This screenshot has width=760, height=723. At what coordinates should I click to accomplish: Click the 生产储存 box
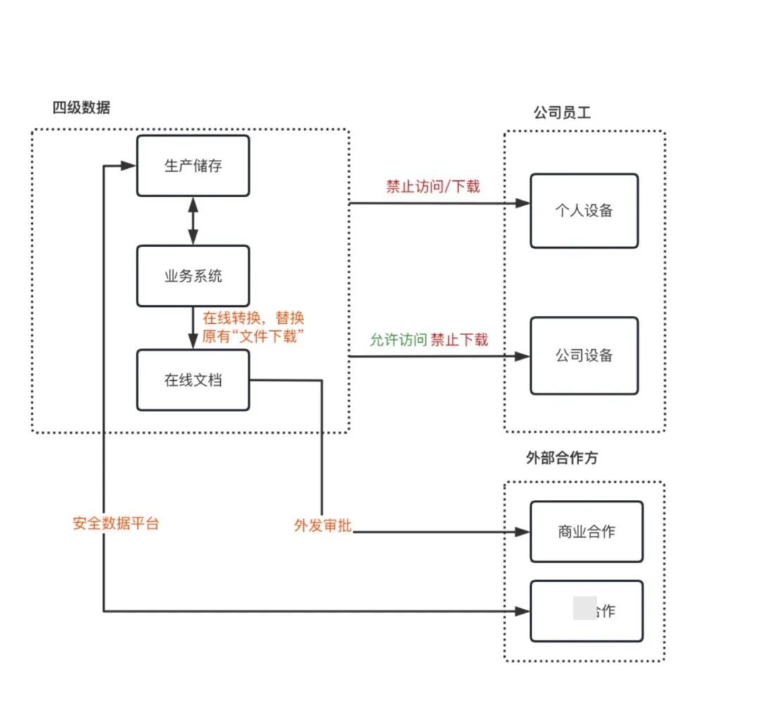click(x=193, y=166)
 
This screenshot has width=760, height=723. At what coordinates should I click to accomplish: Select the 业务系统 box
click(x=193, y=276)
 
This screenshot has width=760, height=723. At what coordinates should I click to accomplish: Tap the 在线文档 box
click(x=193, y=380)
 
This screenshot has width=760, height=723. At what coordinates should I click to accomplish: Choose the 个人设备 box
click(x=584, y=211)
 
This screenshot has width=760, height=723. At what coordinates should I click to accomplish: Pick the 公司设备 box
click(x=584, y=356)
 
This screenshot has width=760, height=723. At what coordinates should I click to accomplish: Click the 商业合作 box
click(x=586, y=532)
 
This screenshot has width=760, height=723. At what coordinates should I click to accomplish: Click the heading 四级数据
click(x=82, y=108)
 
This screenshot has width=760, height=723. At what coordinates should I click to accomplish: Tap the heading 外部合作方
click(x=562, y=458)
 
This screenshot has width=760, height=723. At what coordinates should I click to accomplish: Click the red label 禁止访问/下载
click(x=433, y=187)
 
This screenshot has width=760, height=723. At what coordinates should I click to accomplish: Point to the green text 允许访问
click(x=398, y=339)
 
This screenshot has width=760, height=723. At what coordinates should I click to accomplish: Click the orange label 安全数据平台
click(x=116, y=524)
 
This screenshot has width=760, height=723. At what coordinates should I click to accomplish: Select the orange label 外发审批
click(x=323, y=526)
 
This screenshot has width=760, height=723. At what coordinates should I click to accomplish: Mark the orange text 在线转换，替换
click(x=253, y=318)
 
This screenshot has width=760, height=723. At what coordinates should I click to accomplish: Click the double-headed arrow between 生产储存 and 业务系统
click(x=193, y=221)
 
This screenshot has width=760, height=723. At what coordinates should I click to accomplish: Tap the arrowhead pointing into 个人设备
click(x=522, y=203)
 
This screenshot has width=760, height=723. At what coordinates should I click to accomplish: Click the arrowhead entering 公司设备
click(x=522, y=356)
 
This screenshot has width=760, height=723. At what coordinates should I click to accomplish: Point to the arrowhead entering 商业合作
click(x=522, y=532)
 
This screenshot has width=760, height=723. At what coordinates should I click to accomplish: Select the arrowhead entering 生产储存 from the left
click(x=128, y=166)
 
